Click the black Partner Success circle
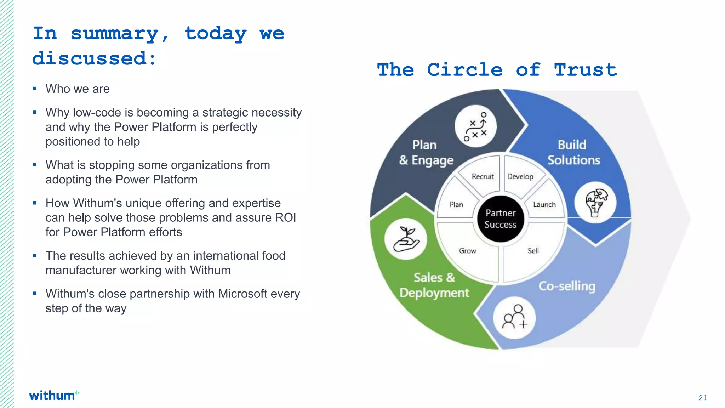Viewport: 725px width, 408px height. [x=500, y=219]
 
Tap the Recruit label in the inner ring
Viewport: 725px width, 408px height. [x=483, y=176]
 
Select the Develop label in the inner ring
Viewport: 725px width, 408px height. [x=520, y=176]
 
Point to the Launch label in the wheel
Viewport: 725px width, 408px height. [x=544, y=205]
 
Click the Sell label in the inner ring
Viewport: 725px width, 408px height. [x=533, y=251]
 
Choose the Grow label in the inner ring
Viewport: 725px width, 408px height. [x=468, y=251]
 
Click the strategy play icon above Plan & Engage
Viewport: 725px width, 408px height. [x=475, y=126]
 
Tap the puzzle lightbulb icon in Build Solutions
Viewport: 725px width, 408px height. [x=595, y=203]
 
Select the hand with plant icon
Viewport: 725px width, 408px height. [x=406, y=239]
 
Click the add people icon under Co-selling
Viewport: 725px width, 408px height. [x=514, y=317]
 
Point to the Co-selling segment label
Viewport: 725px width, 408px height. [x=567, y=286]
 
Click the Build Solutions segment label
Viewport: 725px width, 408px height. [x=573, y=152]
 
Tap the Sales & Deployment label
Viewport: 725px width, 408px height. [x=434, y=285]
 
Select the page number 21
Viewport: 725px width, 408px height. [x=703, y=398]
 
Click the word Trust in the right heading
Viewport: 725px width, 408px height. [x=586, y=70]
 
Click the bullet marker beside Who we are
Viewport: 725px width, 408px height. [x=35, y=89]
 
